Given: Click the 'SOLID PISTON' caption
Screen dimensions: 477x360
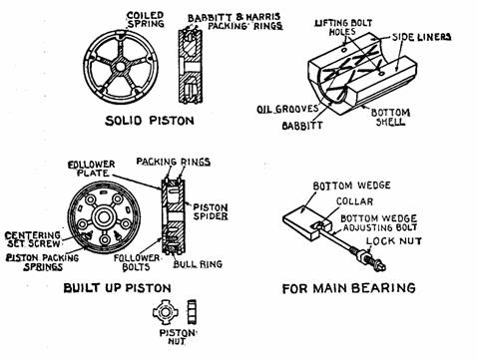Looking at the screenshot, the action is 150,121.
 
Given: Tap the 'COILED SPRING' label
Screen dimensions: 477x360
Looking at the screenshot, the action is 146,20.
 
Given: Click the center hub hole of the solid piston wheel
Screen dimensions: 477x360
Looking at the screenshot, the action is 121,67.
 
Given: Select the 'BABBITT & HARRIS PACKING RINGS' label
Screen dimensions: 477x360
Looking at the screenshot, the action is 235,22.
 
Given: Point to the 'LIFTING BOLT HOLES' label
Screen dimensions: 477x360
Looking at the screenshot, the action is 343,27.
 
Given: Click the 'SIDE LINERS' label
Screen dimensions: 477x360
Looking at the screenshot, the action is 422,37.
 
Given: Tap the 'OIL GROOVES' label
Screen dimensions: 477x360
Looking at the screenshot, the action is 287,109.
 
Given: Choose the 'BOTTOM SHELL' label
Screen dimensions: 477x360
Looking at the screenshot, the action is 390,117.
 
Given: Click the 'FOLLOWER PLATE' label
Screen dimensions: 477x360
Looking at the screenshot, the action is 91,169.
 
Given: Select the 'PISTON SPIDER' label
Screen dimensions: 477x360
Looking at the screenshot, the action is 211,211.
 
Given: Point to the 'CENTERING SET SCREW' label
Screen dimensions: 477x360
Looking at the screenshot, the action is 33,239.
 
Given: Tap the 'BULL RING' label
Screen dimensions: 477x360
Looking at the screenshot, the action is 198,264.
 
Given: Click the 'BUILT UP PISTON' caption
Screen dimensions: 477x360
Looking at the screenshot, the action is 117,288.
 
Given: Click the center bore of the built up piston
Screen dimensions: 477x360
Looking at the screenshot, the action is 104,217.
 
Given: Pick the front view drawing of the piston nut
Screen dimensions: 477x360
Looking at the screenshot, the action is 166,312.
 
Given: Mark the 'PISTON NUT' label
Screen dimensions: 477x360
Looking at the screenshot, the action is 178,337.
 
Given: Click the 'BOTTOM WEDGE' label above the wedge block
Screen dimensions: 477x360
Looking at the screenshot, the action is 352,185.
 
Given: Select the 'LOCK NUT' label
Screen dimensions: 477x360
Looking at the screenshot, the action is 394,241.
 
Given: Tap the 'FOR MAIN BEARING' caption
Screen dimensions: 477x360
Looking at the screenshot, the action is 349,288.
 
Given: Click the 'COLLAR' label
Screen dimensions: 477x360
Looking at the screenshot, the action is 354,201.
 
